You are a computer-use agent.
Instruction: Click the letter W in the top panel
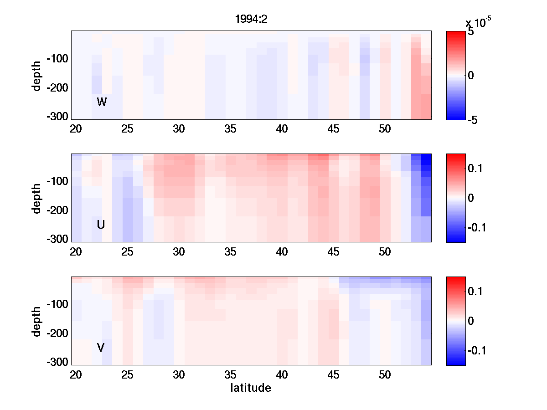tap(102, 102)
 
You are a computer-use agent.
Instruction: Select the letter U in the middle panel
tap(101, 225)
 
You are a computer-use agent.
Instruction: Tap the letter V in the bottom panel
tap(101, 348)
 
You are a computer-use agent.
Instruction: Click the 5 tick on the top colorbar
tap(471, 32)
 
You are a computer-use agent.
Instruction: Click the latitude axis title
tap(251, 388)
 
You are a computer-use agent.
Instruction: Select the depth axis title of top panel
tap(37, 75)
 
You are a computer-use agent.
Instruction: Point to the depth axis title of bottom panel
tap(37, 321)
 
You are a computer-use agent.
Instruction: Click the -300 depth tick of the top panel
tap(57, 117)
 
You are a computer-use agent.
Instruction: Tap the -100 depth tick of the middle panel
tap(57, 181)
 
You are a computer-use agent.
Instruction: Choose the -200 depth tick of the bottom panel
tap(57, 333)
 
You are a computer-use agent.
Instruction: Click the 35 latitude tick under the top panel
tap(231, 129)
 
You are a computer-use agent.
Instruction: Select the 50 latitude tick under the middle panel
tap(385, 252)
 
